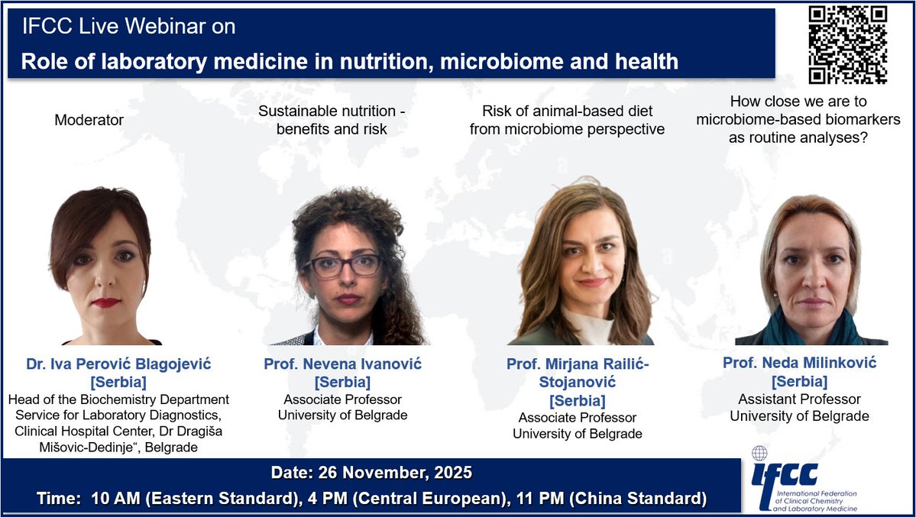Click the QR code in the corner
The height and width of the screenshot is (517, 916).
pyautogui.click(x=847, y=45)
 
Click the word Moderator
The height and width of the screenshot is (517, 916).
pyautogui.click(x=89, y=120)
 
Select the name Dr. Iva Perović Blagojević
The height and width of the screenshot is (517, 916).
pyautogui.click(x=118, y=365)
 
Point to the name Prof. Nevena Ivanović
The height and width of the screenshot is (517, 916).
pyautogui.click(x=342, y=364)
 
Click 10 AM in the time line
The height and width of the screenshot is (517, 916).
pyautogui.click(x=113, y=499)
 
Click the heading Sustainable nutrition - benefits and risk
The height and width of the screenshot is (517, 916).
pyautogui.click(x=332, y=120)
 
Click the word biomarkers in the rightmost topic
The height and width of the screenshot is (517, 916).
pyautogui.click(x=859, y=119)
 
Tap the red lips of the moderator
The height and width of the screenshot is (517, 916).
pyautogui.click(x=105, y=302)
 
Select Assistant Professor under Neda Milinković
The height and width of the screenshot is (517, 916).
pyautogui.click(x=799, y=399)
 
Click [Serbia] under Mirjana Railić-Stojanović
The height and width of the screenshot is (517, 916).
pyautogui.click(x=578, y=400)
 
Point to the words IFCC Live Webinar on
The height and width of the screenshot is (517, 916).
pyautogui.click(x=128, y=26)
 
